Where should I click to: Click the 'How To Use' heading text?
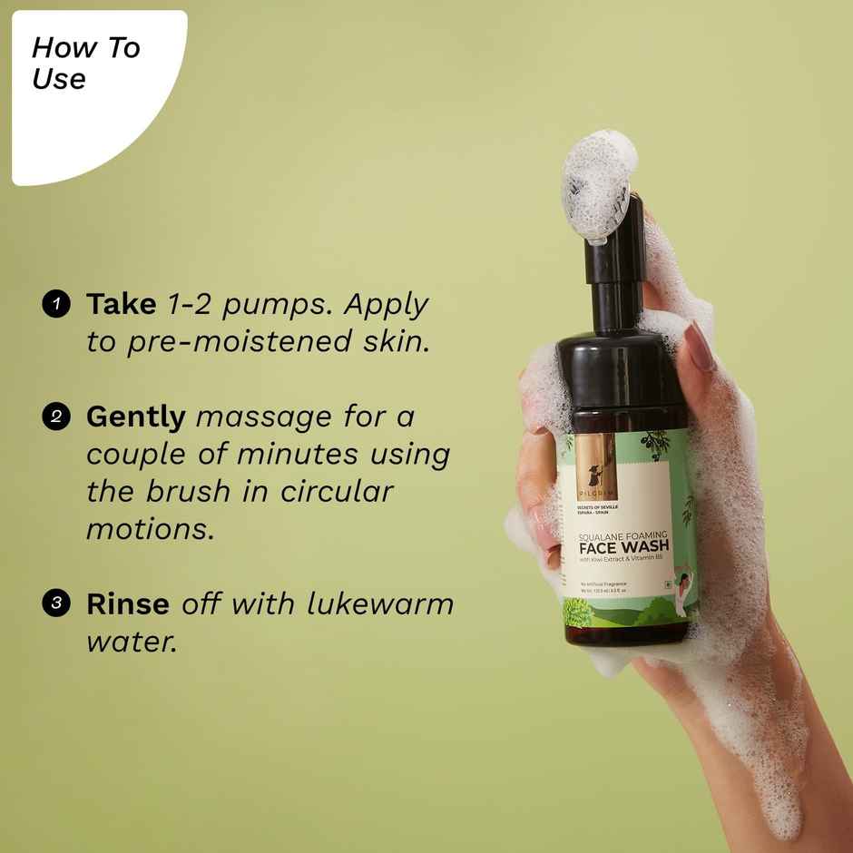(85, 63)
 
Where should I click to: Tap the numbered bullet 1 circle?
(56, 304)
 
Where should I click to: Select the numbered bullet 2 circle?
(56, 417)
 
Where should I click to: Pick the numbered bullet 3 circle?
(56, 604)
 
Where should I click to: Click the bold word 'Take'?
(121, 304)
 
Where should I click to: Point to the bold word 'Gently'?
(135, 417)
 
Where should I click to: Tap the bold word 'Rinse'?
(128, 603)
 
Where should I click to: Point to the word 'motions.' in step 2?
(151, 529)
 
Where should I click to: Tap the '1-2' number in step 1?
(190, 305)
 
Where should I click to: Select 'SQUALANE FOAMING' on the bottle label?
(624, 534)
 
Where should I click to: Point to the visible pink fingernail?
(701, 347)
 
